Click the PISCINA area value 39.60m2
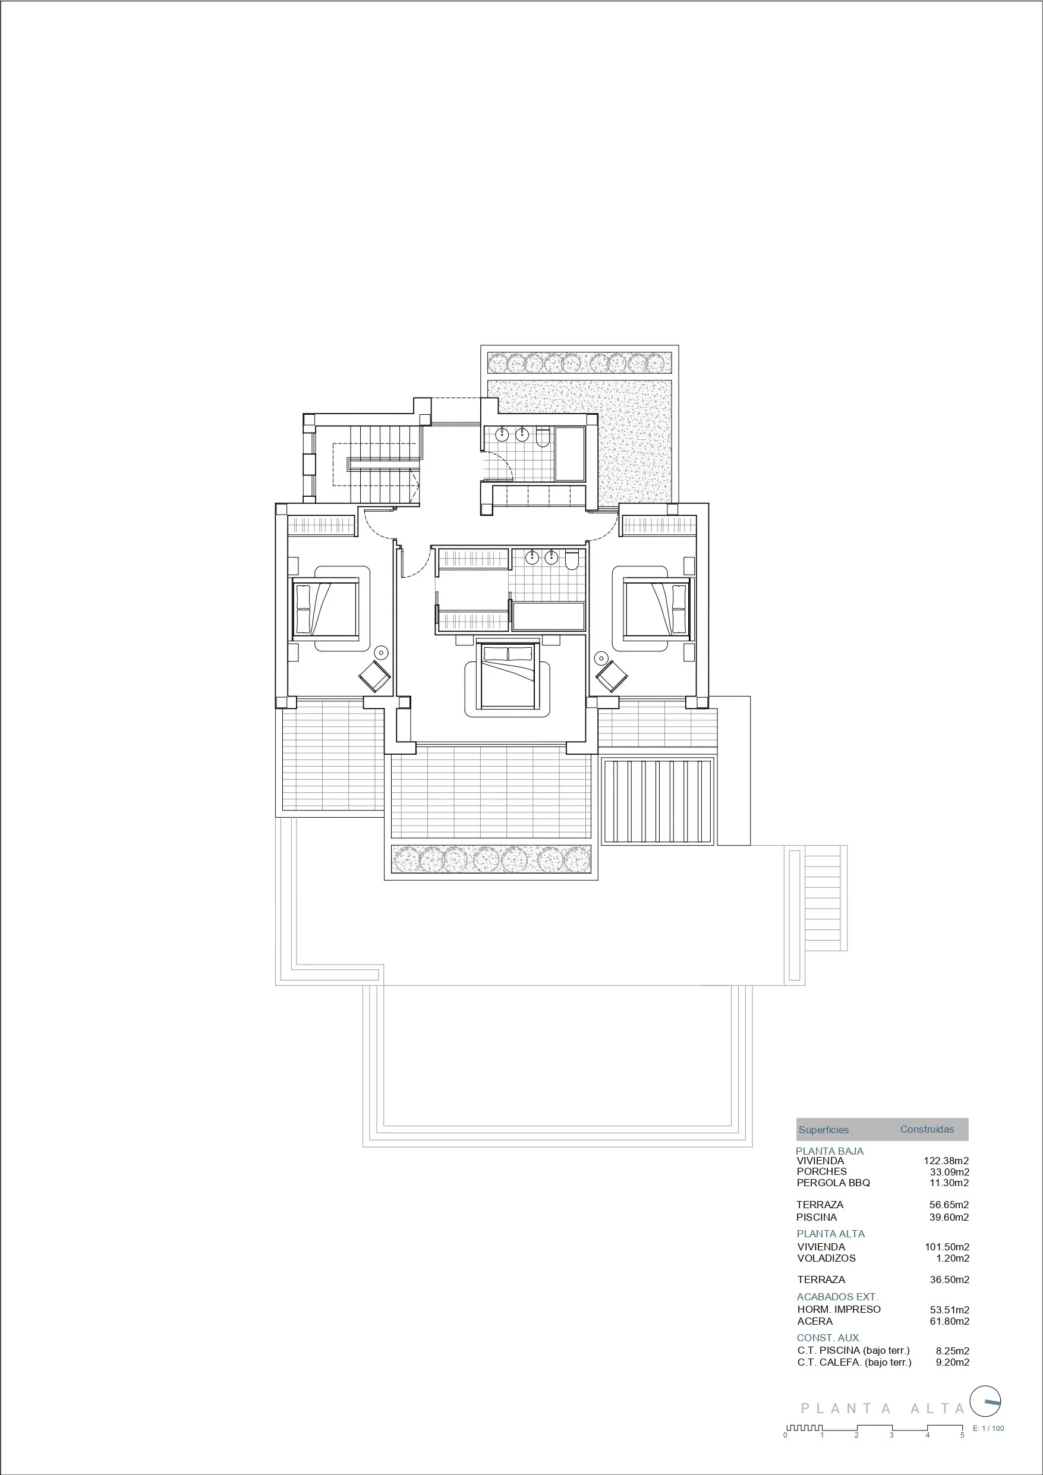[949, 1216]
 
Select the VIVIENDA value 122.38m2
[946, 1161]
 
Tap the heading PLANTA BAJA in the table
[829, 1151]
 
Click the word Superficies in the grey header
[823, 1129]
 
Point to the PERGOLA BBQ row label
[833, 1183]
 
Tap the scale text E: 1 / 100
[988, 1428]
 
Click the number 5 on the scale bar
[962, 1435]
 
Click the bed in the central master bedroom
[508, 676]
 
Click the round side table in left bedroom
[381, 653]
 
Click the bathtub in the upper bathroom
[569, 453]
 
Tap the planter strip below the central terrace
[491, 859]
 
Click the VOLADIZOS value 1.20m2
[953, 1258]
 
